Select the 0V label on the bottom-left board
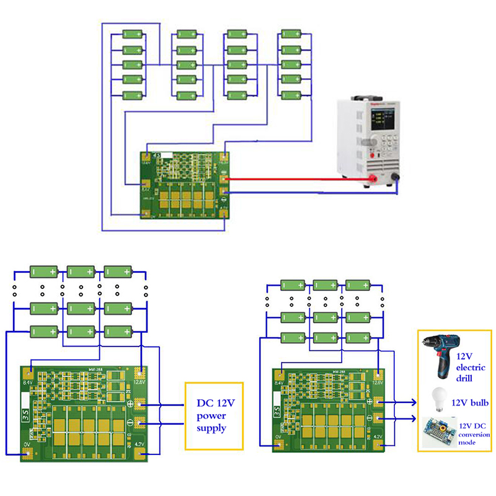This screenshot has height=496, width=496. tap(27, 445)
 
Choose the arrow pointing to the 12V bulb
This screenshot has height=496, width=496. tap(406, 401)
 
